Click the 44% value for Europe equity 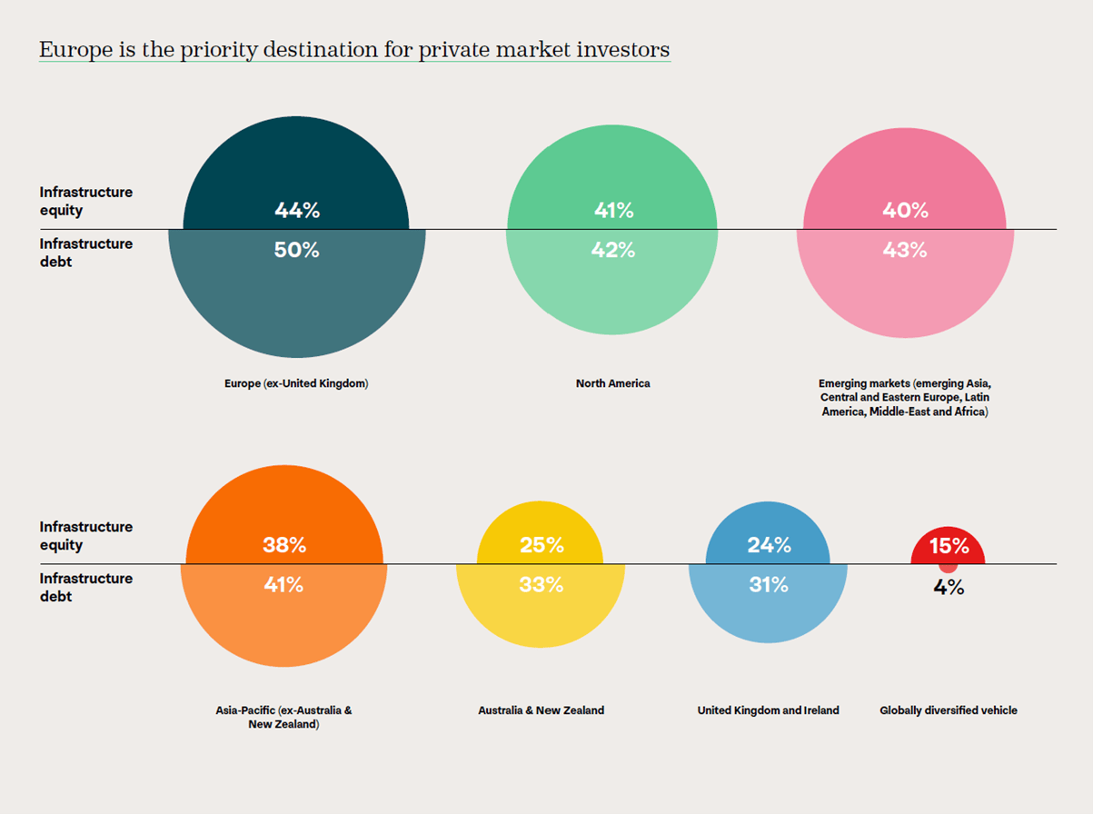pos(297,211)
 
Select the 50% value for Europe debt pos(297,250)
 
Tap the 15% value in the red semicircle pos(949,547)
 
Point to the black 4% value pos(949,588)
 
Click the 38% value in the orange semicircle pos(284,545)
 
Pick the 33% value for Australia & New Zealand pos(541,585)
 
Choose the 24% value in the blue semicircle pos(769,545)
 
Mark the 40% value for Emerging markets pos(905,211)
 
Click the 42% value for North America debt pos(613,250)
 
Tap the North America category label pos(613,383)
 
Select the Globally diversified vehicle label pos(949,710)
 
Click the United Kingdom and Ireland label pos(769,710)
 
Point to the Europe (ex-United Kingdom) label pos(296,383)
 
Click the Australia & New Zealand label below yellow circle pos(541,710)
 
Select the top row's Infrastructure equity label pos(85,201)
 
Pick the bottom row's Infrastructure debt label pos(85,587)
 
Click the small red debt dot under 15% pos(949,567)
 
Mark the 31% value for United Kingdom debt pos(769,585)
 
